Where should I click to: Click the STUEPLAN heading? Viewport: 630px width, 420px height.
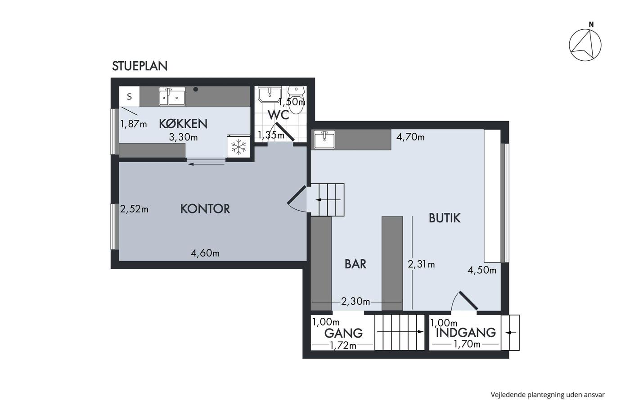click(x=140, y=66)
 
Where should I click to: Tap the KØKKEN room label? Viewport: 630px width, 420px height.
click(x=183, y=124)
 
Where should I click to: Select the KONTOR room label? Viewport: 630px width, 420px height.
click(x=205, y=209)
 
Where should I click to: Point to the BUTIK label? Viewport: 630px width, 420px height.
click(x=445, y=218)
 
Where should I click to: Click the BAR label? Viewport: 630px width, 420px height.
click(x=355, y=264)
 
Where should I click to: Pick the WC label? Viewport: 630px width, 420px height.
click(x=279, y=115)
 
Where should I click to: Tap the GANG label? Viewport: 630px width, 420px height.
click(x=343, y=334)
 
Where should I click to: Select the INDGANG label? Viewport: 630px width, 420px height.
click(x=466, y=333)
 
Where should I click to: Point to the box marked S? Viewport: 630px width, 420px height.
click(x=130, y=96)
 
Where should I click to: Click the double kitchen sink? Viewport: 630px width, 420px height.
click(x=172, y=96)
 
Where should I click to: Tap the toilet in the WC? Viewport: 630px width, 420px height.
click(x=296, y=99)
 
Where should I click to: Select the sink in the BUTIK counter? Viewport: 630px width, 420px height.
click(x=324, y=139)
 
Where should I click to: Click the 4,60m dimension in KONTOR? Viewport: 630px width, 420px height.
click(x=205, y=253)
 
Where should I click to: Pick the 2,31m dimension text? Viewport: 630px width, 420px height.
click(x=421, y=264)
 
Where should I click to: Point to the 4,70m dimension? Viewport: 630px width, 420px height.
click(x=410, y=137)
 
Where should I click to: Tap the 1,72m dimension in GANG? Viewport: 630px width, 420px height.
click(x=343, y=345)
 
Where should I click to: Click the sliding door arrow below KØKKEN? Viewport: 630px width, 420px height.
click(x=206, y=164)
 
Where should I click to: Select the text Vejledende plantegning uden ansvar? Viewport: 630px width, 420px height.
click(x=548, y=395)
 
